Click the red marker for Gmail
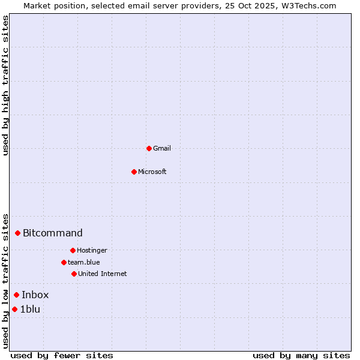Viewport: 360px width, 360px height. [149, 148]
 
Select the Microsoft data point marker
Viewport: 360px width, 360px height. [134, 172]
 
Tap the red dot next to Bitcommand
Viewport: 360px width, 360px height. [17, 233]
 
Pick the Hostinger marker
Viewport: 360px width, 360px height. [73, 250]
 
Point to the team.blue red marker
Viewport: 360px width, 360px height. [64, 262]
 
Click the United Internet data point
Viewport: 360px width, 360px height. [74, 274]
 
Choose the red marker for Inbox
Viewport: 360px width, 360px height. [16, 295]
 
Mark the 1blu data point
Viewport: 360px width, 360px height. [14, 309]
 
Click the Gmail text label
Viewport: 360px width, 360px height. [162, 148]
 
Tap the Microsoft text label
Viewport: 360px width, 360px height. [152, 172]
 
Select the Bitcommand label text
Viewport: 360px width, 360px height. [53, 233]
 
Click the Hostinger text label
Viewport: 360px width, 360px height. [92, 250]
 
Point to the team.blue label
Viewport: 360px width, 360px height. [84, 262]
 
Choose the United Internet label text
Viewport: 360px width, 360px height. [103, 274]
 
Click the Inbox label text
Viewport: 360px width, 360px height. [35, 295]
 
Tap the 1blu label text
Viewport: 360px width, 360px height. [30, 309]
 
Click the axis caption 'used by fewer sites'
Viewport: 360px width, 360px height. [62, 355]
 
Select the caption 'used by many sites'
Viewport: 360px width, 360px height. [301, 355]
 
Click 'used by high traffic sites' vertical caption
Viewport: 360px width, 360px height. [6, 85]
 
